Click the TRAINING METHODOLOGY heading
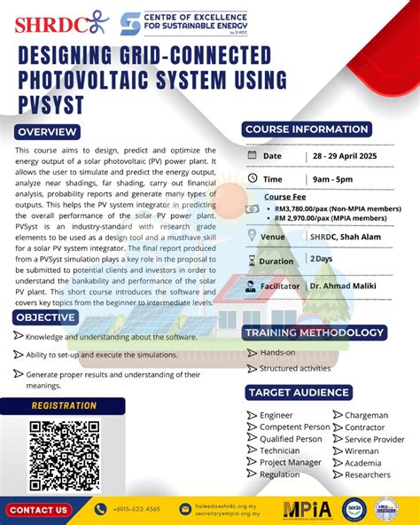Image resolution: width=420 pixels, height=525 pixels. (x=315, y=333)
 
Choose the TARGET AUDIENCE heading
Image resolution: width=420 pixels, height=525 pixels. (x=299, y=392)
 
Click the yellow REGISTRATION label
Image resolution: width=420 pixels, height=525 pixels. (x=64, y=406)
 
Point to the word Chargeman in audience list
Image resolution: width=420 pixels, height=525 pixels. (x=366, y=415)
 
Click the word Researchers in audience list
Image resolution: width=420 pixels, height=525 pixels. (x=369, y=474)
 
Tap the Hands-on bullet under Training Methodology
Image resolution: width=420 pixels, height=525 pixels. (x=277, y=352)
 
